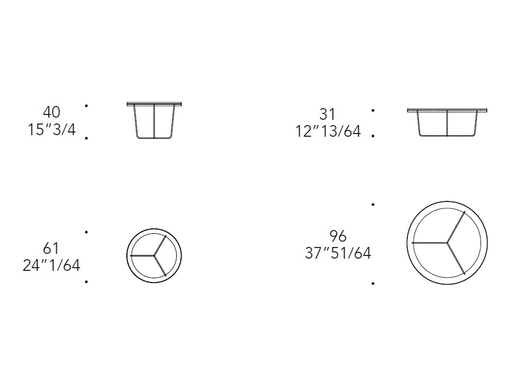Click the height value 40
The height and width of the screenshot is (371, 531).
point(52,112)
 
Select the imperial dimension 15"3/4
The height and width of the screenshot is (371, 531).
point(52,129)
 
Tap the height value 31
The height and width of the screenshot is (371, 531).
point(327,114)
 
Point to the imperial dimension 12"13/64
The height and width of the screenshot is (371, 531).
point(328,131)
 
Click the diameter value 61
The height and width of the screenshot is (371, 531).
point(51,249)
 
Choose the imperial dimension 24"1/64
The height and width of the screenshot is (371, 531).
point(52,266)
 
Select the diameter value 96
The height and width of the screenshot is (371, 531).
point(338,236)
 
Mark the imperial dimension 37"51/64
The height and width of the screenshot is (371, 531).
point(338,253)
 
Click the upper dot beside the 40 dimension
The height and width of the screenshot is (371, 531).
point(87,106)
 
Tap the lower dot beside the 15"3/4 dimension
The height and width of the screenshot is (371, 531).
point(87,138)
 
